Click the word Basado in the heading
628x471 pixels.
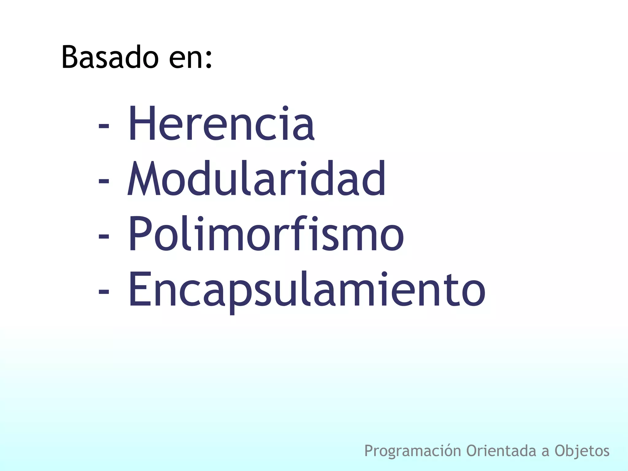[110, 58]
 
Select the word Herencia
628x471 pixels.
[221, 123]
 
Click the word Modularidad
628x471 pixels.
[256, 179]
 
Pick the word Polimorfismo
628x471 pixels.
[266, 234]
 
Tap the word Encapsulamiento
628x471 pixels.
[307, 290]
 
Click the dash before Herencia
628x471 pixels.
[104, 126]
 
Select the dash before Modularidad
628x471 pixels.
[104, 181]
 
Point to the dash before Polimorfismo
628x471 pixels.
[104, 237]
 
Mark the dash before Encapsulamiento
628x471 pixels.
[104, 292]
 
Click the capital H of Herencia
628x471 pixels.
[140, 123]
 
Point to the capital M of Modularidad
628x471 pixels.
[143, 179]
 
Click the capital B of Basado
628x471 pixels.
[71, 57]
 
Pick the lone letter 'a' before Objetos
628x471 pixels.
[545, 452]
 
